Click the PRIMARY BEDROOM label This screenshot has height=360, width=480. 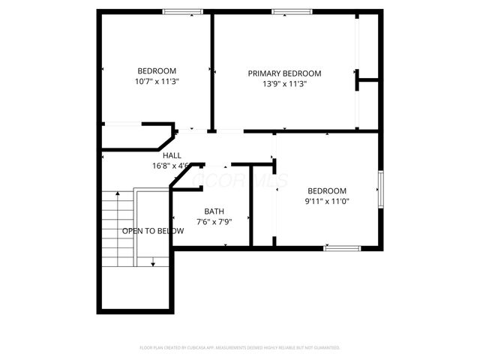[284, 73]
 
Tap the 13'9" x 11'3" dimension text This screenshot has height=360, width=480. [284, 84]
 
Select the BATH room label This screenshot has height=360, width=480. [214, 211]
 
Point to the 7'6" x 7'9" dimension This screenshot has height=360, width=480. [214, 222]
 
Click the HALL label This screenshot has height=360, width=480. [172, 155]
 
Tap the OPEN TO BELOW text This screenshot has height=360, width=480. [153, 231]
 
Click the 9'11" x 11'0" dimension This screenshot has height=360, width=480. [327, 201]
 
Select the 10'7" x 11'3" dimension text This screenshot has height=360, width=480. [157, 81]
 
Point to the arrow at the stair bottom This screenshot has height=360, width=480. [153, 262]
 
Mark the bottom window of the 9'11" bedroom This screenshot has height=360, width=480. [342, 247]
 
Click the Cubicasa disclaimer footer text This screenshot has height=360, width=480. [240, 348]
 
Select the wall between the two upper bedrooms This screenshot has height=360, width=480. [212, 71]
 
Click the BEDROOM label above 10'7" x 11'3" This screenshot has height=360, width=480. [157, 70]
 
